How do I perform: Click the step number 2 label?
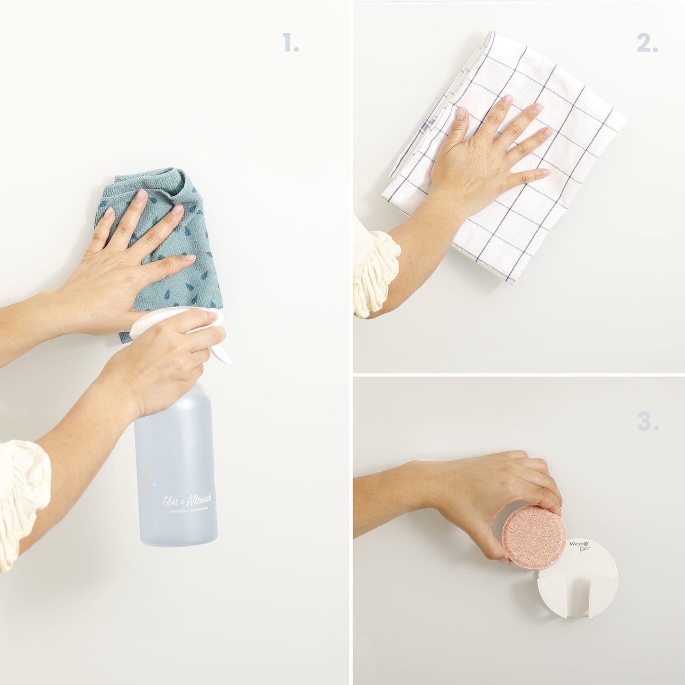(647, 44)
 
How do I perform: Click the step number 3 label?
(648, 421)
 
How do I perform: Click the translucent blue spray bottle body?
(175, 465)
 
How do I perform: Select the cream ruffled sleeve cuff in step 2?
(374, 273)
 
